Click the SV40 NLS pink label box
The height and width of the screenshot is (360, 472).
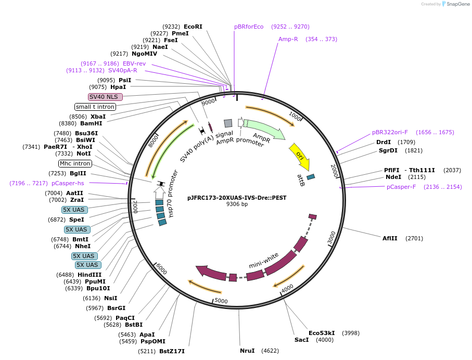coord(106,97)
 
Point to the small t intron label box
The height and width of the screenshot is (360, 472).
coord(95,107)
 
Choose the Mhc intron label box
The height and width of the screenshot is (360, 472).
coord(75,163)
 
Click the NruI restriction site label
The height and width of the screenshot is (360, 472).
coord(247,351)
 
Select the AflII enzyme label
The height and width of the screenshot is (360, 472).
coord(390,238)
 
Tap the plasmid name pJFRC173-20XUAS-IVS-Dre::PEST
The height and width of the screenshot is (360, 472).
coord(237,198)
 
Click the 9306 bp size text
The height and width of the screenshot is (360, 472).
coord(237,204)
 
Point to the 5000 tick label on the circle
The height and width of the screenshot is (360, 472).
coord(221,301)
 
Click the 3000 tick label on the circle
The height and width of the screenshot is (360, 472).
coord(331,238)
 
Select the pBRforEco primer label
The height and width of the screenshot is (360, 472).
coord(249,27)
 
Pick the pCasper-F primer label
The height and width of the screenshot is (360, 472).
coord(401,187)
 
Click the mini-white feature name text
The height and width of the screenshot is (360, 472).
coord(264,261)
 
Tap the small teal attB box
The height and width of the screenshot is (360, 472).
coord(311,177)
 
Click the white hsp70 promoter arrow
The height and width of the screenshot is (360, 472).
coord(159,192)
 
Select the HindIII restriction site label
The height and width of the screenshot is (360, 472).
coord(90,275)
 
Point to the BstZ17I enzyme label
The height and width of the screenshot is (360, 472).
coord(172,351)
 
